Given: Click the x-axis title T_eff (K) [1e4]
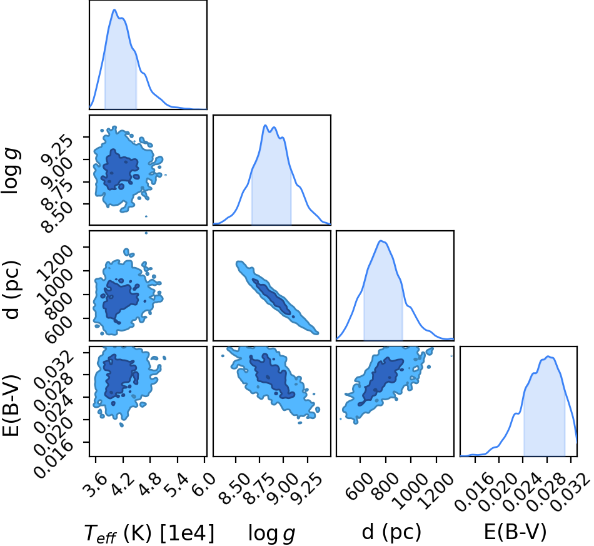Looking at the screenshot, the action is coord(149,533).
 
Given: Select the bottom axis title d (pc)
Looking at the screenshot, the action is coord(391,532).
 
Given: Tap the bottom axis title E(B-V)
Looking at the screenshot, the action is coord(515,532).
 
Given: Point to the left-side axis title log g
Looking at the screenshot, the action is coord(11,171).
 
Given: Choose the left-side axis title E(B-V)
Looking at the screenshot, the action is coord(11,405).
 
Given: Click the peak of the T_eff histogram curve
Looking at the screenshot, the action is coord(114,10).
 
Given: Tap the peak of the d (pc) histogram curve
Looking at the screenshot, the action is coord(381,241).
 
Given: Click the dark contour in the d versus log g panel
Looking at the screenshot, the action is coord(272,297).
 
